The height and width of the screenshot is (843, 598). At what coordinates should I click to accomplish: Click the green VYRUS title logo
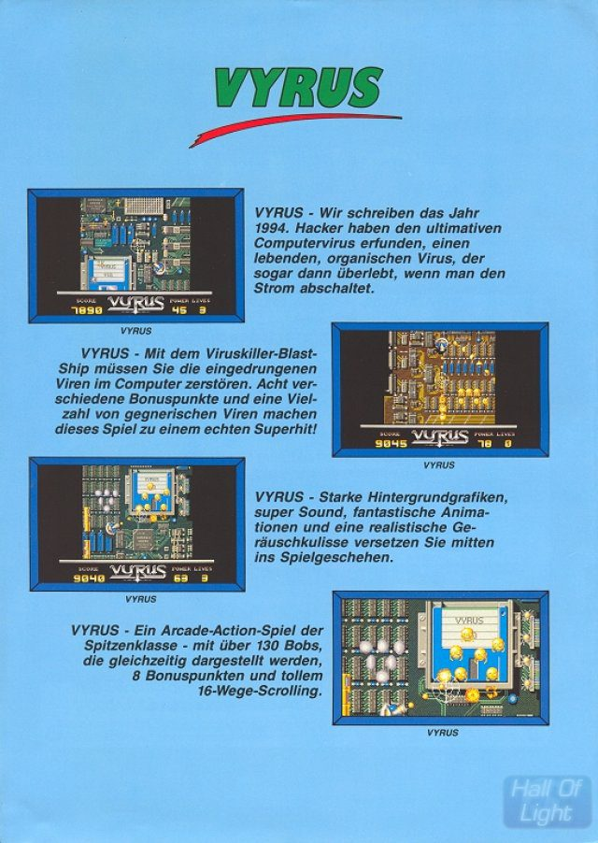298,89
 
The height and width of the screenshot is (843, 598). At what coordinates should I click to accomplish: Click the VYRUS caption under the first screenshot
136,331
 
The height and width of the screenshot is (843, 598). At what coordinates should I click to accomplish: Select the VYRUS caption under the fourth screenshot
442,733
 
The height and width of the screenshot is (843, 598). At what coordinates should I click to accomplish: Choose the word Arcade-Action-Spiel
221,631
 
